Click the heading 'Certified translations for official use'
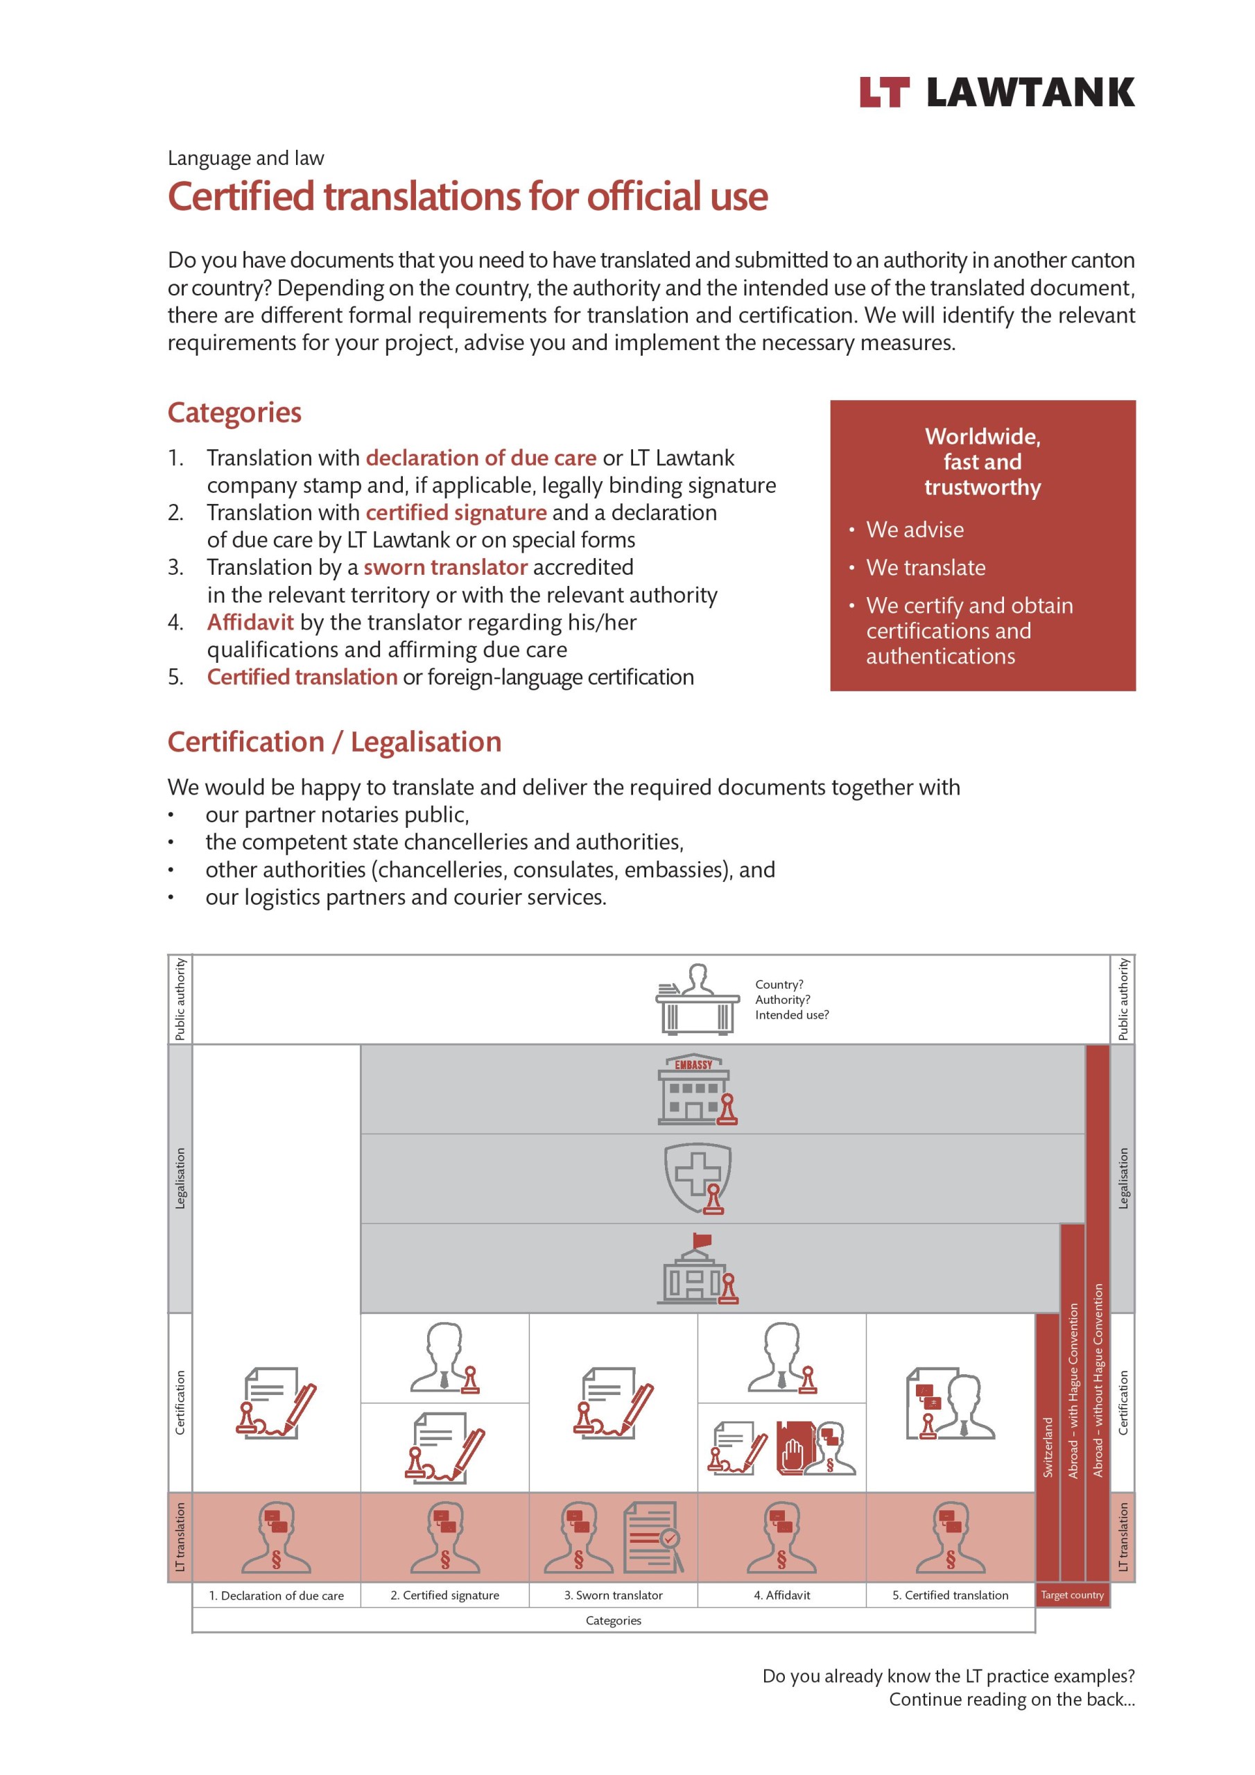tap(467, 196)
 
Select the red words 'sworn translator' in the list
tap(445, 567)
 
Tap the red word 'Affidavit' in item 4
tap(250, 623)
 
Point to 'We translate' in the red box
tap(926, 567)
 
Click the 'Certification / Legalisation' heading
tap(334, 742)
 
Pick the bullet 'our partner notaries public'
tap(337, 815)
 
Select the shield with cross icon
tap(698, 1178)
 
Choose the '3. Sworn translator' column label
tap(613, 1595)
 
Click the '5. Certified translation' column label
tap(951, 1595)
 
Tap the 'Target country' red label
tap(1072, 1595)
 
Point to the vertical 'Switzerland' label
tap(1048, 1446)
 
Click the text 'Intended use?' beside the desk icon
tap(792, 1015)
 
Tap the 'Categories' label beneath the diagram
tap(613, 1620)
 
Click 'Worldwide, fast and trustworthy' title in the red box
tap(982, 462)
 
